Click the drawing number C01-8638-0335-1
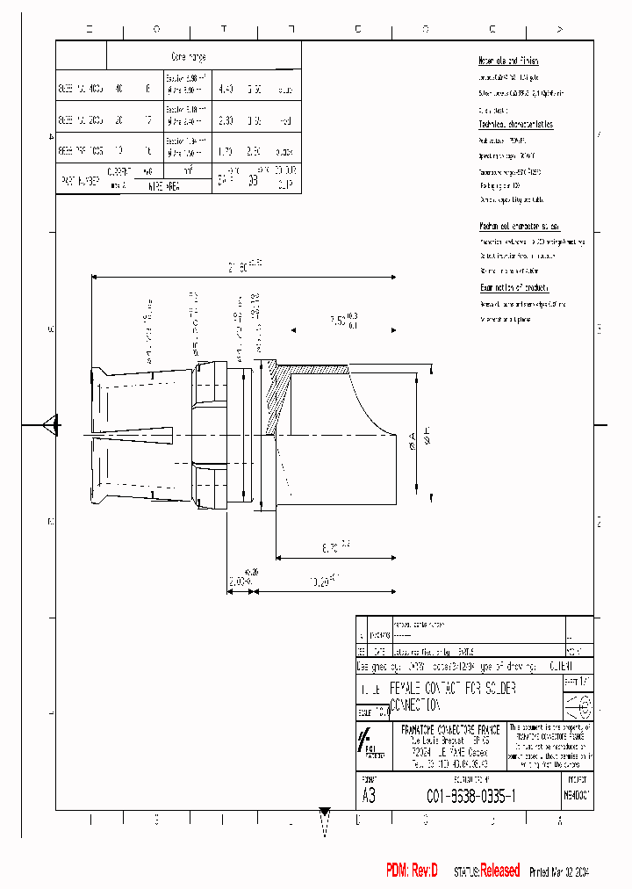click(470, 795)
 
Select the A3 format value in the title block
click(369, 796)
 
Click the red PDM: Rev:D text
click(412, 871)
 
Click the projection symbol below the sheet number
click(578, 705)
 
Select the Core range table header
click(188, 56)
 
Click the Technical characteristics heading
click(515, 126)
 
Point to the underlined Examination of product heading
click(514, 287)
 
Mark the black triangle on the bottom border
click(325, 812)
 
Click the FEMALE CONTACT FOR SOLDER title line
click(452, 688)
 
